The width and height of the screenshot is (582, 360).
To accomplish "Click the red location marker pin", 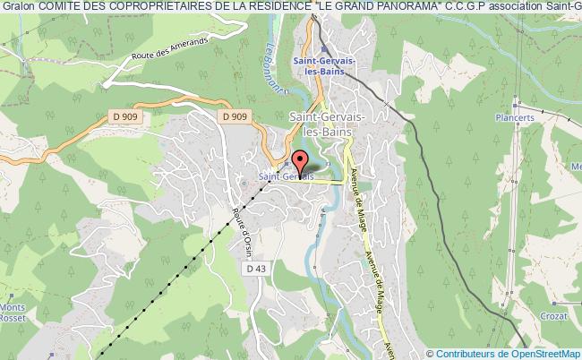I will point(299,161).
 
